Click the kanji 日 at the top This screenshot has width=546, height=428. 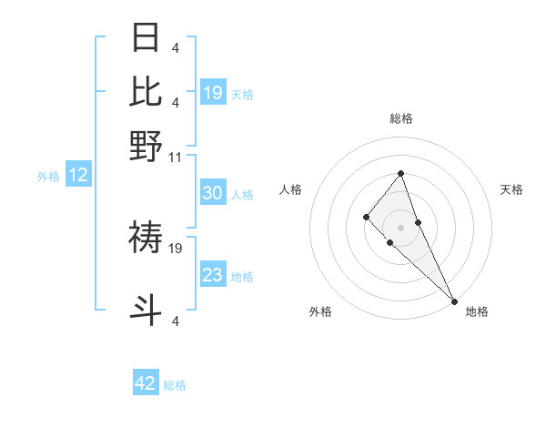(x=147, y=38)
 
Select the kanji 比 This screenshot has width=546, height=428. (x=147, y=92)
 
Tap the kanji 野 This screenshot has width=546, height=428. (x=147, y=146)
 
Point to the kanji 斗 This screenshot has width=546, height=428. (x=147, y=310)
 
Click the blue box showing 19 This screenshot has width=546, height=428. (x=213, y=92)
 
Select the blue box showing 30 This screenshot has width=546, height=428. (x=213, y=193)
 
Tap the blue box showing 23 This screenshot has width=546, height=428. (x=213, y=275)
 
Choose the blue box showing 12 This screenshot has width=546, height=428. (x=78, y=176)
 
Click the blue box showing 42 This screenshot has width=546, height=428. (x=146, y=383)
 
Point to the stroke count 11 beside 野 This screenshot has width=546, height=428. (x=176, y=157)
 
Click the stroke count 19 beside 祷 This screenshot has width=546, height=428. (x=177, y=247)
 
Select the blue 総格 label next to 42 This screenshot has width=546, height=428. (x=175, y=385)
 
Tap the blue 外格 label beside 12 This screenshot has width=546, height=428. (x=48, y=177)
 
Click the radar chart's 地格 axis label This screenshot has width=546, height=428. (x=477, y=311)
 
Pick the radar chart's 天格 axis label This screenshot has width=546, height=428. (x=511, y=189)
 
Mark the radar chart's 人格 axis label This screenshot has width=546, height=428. (x=291, y=189)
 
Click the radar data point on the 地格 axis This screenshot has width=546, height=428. (x=454, y=301)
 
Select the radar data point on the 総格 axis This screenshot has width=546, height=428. (x=400, y=173)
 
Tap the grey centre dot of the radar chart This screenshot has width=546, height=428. (x=400, y=227)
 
